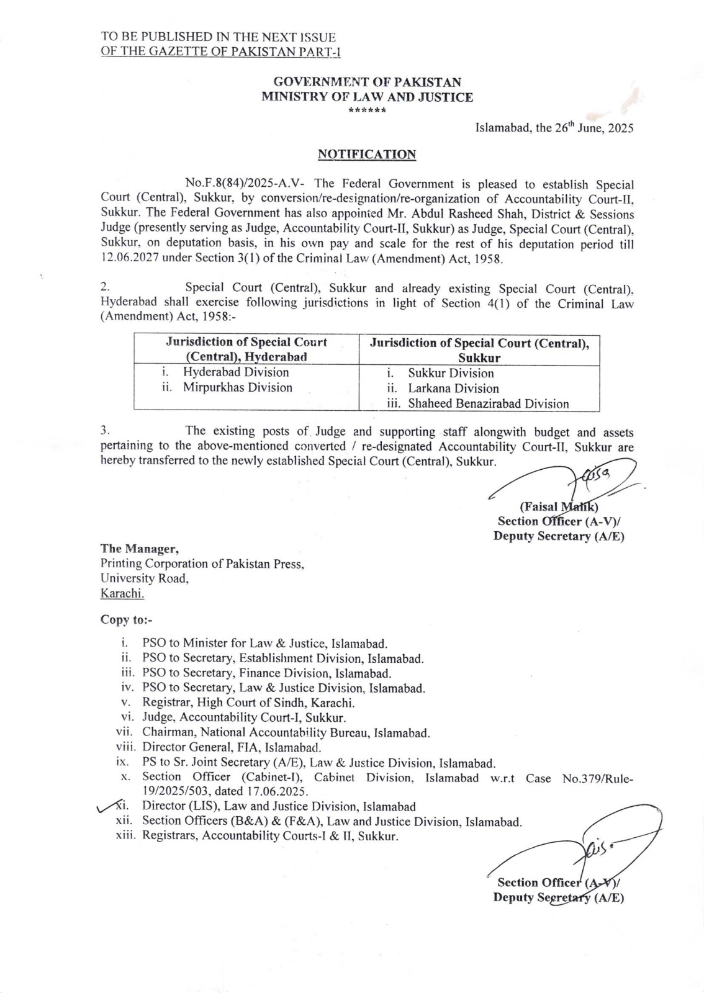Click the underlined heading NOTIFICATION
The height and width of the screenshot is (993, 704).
(366, 155)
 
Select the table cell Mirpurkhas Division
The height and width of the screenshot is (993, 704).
(237, 388)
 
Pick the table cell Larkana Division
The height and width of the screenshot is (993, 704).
(453, 389)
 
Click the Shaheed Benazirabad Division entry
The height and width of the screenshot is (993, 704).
(488, 404)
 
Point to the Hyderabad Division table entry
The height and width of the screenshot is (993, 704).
(236, 372)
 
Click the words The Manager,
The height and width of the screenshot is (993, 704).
(140, 549)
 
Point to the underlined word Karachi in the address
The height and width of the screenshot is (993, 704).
(122, 593)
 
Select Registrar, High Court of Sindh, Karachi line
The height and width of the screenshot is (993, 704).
(248, 703)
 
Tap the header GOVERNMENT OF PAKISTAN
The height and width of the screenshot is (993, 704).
(368, 81)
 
